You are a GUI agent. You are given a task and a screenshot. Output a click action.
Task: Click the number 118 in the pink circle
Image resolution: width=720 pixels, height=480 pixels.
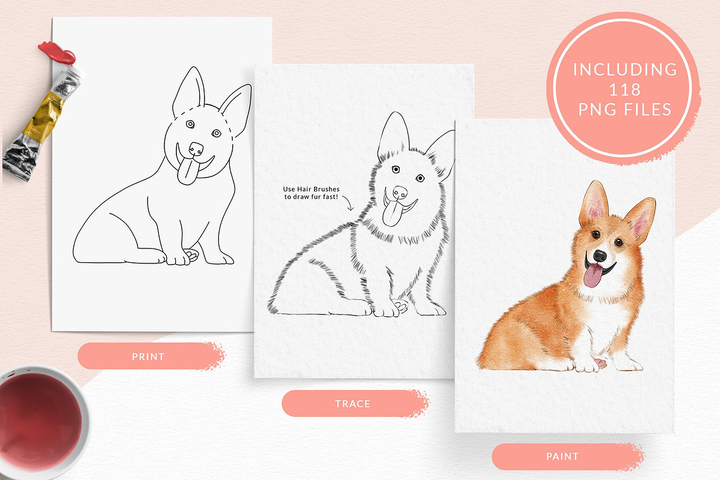(625, 89)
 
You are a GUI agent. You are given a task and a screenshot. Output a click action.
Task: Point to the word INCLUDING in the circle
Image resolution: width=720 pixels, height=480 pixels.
(625, 70)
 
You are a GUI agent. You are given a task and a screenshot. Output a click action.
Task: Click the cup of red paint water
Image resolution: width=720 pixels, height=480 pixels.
(40, 421)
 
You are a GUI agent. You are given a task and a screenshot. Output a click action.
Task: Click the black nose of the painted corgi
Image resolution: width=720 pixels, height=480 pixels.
(599, 256)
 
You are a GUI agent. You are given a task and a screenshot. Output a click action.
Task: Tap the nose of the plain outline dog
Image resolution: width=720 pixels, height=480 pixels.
(196, 149)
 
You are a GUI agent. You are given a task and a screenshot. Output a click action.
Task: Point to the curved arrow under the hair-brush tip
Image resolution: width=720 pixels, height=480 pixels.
(348, 203)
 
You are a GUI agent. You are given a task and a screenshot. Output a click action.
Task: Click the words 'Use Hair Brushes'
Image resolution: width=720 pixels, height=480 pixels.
(311, 189)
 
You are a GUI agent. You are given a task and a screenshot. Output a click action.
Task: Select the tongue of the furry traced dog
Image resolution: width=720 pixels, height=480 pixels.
(391, 213)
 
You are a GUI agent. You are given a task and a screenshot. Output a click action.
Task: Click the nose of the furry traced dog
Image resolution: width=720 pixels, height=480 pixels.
(400, 193)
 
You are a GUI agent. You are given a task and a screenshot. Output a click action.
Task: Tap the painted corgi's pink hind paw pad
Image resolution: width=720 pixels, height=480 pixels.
(601, 363)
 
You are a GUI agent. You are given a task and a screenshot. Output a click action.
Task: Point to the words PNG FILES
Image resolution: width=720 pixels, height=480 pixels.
(625, 109)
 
